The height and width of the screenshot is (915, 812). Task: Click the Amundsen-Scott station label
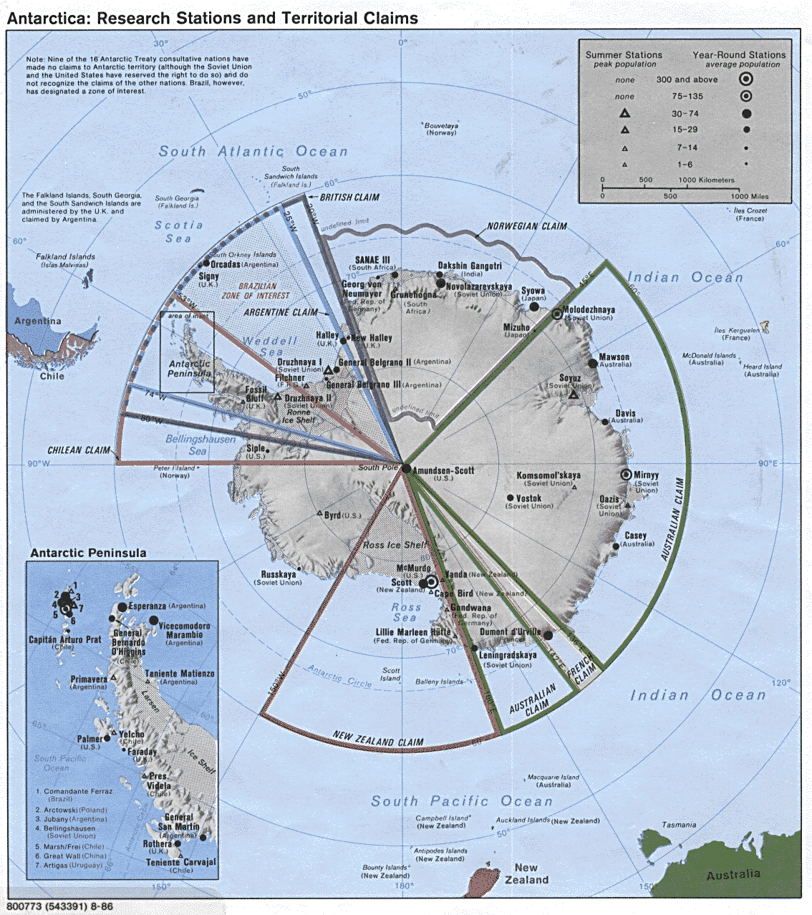pos(443,470)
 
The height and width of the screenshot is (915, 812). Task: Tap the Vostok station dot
pos(510,498)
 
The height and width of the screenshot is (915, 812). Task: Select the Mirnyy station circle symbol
pos(627,475)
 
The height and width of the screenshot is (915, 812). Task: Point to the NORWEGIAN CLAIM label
pos(526,226)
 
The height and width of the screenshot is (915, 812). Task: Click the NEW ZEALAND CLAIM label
pos(377,738)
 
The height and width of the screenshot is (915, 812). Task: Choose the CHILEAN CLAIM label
pos(79,450)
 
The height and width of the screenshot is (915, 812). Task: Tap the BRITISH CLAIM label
pos(349,198)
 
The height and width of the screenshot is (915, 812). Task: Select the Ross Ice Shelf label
pos(395,545)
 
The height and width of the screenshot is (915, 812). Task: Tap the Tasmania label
pos(679,825)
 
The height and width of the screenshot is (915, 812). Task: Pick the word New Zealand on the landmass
pos(526,873)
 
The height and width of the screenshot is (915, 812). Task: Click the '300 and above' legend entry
pos(687,79)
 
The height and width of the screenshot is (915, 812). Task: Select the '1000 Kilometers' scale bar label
pos(706,180)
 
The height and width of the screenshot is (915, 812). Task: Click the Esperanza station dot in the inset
pos(122,607)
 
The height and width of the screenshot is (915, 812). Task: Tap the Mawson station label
pos(614,357)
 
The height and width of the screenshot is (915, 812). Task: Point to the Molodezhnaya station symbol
pos(557,314)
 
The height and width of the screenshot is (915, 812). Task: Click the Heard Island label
pos(762,367)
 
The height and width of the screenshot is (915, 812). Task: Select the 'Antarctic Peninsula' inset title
pos(88,553)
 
